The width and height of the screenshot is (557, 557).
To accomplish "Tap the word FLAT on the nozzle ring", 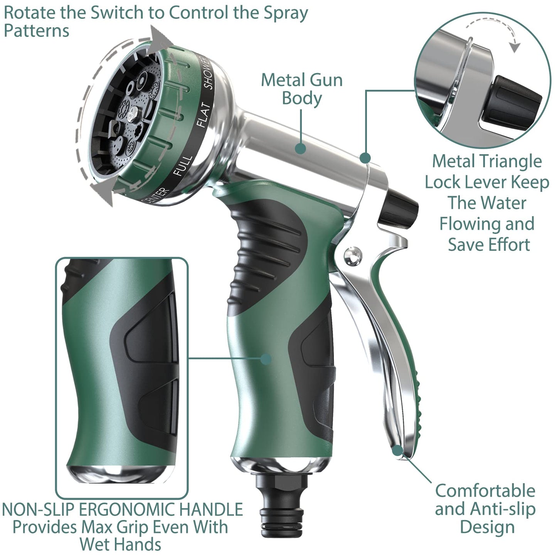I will point(204,114).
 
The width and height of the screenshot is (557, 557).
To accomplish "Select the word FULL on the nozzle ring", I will point(183,165).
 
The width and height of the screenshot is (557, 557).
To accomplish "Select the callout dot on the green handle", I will point(266,359).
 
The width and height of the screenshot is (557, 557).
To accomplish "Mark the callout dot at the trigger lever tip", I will point(397,449).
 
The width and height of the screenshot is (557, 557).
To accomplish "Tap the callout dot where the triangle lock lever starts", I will point(365,157).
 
